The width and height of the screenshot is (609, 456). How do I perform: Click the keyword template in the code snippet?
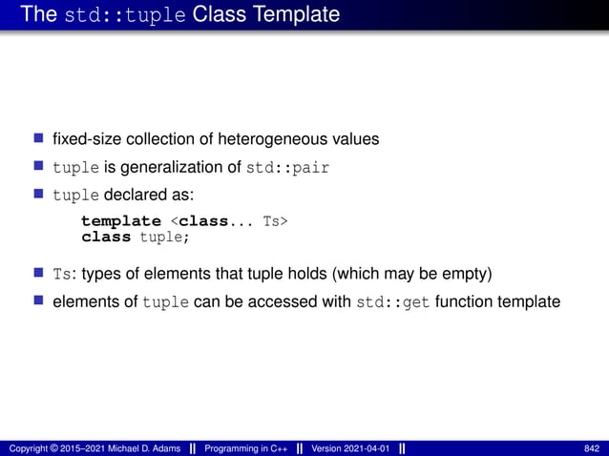120,222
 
